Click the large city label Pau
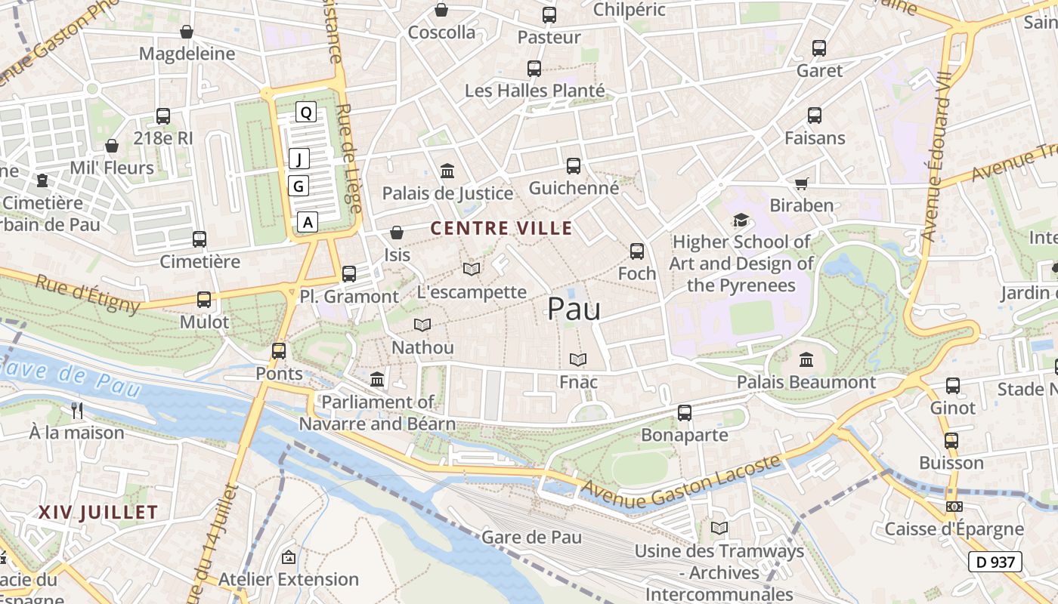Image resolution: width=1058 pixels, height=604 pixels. click(574, 309)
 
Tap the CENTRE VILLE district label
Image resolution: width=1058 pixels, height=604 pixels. click(501, 228)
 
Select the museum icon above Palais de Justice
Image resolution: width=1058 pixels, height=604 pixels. click(447, 171)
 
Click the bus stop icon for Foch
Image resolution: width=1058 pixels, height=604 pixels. click(637, 251)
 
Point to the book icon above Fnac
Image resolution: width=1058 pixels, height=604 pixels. click(578, 360)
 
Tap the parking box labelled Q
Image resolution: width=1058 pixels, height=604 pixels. click(305, 112)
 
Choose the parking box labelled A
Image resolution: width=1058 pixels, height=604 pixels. click(308, 222)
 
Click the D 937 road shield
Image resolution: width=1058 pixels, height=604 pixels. click(995, 562)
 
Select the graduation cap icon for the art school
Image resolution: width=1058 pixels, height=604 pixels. click(741, 220)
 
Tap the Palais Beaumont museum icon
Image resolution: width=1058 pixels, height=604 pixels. click(806, 360)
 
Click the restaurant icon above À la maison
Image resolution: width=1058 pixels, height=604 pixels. click(76, 411)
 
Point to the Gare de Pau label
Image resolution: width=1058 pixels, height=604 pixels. click(531, 538)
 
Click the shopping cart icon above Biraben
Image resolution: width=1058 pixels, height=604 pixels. click(802, 183)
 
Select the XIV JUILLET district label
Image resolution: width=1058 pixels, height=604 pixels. click(98, 512)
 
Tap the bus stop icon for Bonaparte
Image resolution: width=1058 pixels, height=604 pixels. click(685, 413)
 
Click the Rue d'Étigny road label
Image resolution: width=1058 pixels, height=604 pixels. click(88, 294)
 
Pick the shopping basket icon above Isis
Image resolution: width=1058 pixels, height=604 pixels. click(397, 233)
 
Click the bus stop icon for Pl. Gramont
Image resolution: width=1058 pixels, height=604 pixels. click(349, 274)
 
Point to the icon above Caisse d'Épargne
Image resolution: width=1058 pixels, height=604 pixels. click(954, 507)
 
